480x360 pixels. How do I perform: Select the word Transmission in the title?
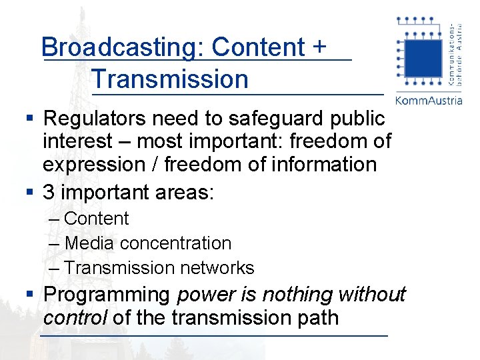click(x=171, y=79)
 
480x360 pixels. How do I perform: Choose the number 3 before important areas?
click(x=49, y=193)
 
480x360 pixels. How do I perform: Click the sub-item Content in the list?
click(x=97, y=219)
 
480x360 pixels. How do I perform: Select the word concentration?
click(x=176, y=243)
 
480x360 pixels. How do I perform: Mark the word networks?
click(x=221, y=268)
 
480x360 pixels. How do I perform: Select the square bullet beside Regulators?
click(x=29, y=119)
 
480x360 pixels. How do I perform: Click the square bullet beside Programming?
click(x=29, y=294)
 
